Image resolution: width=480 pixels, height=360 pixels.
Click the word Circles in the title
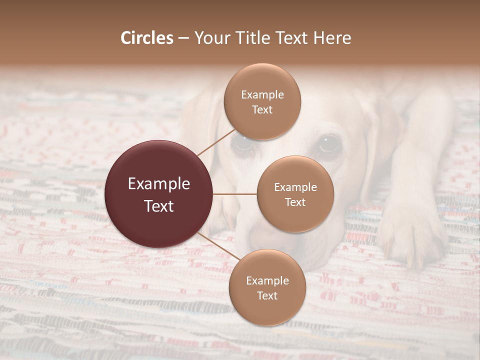(147, 38)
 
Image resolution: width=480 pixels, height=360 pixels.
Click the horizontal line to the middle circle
(235, 194)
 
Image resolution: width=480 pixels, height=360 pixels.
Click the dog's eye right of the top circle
(329, 144)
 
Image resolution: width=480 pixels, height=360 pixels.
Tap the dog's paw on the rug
(410, 240)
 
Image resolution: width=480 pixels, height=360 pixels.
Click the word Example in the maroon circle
(159, 184)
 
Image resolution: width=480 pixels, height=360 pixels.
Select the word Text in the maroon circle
(159, 206)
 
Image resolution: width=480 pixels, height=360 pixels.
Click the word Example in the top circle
(262, 94)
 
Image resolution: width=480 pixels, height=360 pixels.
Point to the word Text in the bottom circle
(267, 295)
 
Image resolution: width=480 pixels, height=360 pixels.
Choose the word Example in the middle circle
(295, 187)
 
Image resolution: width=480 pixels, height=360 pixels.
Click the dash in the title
(183, 38)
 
